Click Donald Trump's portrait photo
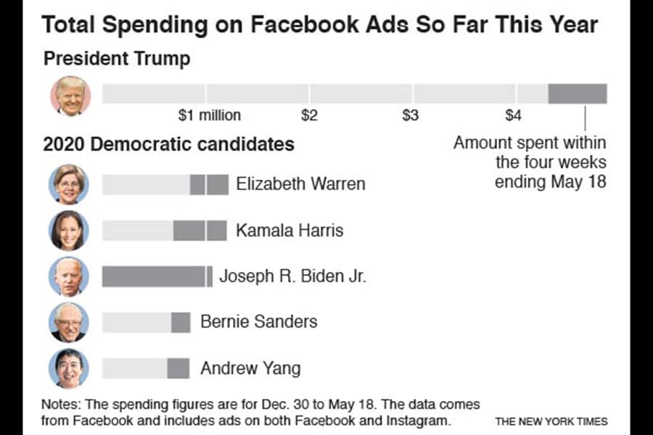coord(70,96)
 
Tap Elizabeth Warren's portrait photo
coord(69,184)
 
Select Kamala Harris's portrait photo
coord(69,231)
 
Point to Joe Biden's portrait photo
coord(69,276)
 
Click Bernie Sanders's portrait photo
coord(69,322)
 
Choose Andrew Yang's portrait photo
coord(69,368)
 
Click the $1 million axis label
coord(210,115)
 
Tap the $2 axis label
coord(310,115)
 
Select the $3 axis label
coord(411,115)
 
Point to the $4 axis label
coord(513,115)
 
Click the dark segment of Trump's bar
coord(577,94)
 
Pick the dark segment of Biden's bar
coord(154,276)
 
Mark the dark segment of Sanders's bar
coord(181,322)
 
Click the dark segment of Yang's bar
coord(178,368)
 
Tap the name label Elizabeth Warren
coord(300,184)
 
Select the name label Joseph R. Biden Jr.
coord(292,276)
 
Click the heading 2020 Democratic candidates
coord(168,144)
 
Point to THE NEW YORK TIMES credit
coord(551,421)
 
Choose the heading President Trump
coord(117,59)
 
